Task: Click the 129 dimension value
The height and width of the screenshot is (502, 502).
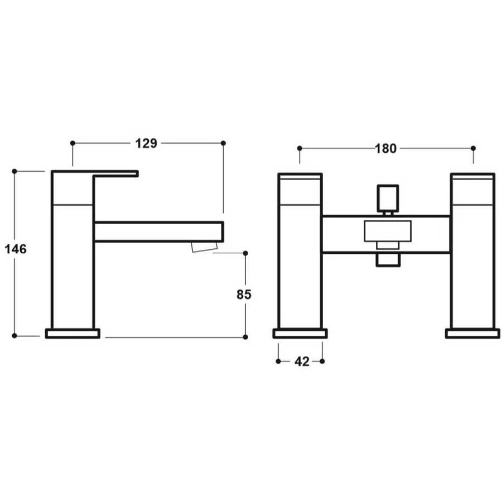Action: coord(146,143)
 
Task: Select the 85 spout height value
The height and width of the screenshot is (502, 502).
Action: coord(244,294)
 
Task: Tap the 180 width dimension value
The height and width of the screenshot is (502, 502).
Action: coord(386,148)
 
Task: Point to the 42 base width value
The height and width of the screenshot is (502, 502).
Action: coord(301,361)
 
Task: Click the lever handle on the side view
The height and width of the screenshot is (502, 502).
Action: coord(114,173)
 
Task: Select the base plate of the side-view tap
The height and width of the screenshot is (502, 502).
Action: coord(73,334)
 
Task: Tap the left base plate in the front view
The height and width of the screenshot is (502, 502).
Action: coord(300,334)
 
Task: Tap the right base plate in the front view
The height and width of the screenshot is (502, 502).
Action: coord(472,334)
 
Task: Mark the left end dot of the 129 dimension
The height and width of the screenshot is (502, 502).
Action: coord(73,143)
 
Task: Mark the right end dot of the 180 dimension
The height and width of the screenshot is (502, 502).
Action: coord(473,148)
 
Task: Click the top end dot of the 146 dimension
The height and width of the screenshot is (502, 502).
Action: coord(15,171)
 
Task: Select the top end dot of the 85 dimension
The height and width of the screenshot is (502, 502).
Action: coord(245,253)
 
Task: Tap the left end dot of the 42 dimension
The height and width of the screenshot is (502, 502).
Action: coord(278,361)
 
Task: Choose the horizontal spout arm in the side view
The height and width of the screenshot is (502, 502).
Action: coord(159,231)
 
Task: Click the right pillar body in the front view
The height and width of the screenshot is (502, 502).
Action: coord(472,257)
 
